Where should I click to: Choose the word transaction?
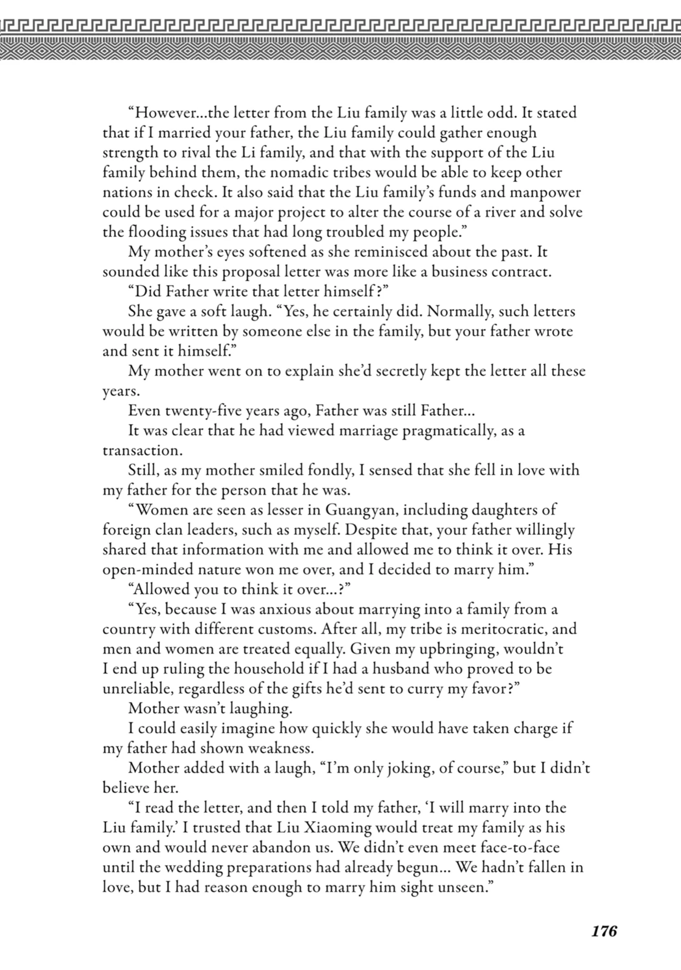point(142,451)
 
